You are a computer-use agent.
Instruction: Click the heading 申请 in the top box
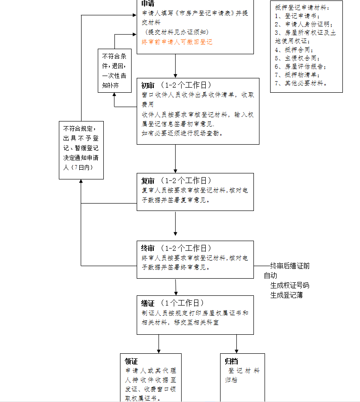148,4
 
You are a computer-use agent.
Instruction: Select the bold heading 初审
148,85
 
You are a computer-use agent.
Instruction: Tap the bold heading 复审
148,180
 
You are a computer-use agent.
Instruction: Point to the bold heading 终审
148,248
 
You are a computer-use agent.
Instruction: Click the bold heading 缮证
148,303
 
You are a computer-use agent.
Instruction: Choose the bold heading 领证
132,361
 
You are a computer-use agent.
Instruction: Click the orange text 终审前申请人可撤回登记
177,42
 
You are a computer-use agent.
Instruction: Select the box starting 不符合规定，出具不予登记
81,150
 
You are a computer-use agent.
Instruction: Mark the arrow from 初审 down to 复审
176,159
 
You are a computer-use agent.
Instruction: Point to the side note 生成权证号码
290,285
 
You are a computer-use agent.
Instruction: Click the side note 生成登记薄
286,295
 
